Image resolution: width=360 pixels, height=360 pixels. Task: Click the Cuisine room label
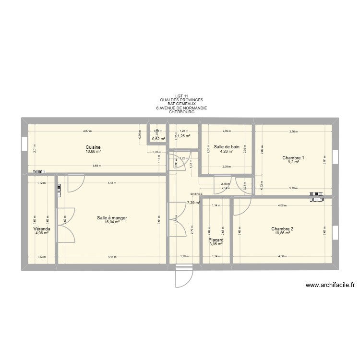click(x=93, y=147)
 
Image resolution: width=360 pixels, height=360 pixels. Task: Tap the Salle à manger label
click(x=112, y=218)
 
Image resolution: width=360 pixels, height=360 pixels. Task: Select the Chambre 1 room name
click(x=293, y=158)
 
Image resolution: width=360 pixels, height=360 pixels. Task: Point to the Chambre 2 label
click(x=282, y=229)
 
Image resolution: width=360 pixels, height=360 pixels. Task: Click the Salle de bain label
click(x=227, y=147)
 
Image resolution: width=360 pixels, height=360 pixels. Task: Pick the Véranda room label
click(x=42, y=229)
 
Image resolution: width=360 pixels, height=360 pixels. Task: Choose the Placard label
click(x=216, y=240)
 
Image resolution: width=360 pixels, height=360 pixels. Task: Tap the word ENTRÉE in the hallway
click(x=196, y=194)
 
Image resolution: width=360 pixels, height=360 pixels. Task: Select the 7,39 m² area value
click(x=193, y=203)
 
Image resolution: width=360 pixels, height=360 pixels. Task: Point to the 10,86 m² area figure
click(x=282, y=233)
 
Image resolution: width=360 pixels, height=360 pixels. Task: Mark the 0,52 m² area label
click(x=158, y=139)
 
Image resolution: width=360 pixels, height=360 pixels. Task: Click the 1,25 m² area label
click(x=184, y=136)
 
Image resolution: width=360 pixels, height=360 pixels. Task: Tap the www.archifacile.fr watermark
click(x=330, y=285)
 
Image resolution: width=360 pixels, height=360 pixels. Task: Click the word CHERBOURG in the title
click(x=181, y=112)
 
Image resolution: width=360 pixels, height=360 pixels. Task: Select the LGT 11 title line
click(x=182, y=96)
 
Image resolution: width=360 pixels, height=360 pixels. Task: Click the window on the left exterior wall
click(x=24, y=144)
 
